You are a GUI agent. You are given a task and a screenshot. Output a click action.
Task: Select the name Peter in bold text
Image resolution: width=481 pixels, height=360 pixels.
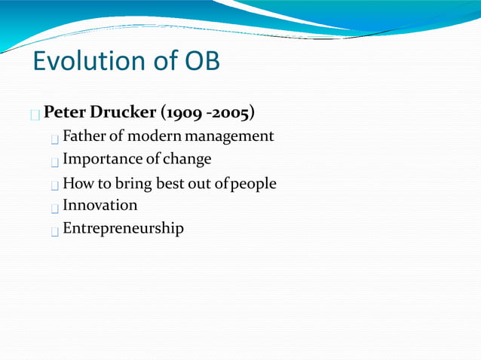(64, 113)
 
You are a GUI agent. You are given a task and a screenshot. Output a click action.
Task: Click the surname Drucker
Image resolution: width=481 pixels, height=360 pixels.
(121, 113)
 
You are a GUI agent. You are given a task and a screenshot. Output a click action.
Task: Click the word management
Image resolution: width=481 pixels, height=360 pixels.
(230, 137)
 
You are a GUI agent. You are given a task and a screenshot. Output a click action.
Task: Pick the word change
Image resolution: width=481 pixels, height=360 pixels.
(187, 160)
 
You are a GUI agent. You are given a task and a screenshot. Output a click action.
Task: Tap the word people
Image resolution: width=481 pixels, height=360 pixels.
(253, 184)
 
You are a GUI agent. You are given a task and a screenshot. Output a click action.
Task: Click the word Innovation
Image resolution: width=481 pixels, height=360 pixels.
(100, 205)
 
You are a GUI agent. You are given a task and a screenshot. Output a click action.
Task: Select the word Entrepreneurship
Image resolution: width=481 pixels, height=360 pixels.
(123, 228)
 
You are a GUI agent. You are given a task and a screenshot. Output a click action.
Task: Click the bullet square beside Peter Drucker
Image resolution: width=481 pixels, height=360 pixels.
(35, 115)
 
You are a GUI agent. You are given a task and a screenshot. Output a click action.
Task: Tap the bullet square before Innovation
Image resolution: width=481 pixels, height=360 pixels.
(55, 208)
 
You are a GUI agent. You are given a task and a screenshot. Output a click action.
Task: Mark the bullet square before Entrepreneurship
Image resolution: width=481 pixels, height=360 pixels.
(55, 231)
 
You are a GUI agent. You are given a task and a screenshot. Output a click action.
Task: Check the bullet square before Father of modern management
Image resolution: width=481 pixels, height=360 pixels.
(55, 139)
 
